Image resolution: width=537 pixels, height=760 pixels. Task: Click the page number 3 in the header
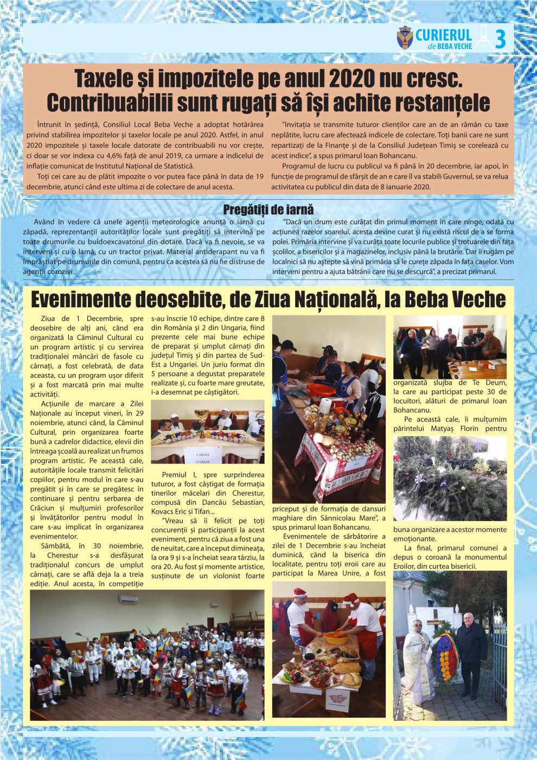(x=500, y=39)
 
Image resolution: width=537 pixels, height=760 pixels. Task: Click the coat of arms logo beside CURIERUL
(x=405, y=38)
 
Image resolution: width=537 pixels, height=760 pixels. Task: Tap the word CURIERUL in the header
(x=443, y=35)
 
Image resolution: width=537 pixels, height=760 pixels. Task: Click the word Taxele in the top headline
(x=103, y=79)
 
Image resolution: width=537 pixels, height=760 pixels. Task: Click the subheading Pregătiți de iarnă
(x=268, y=210)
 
